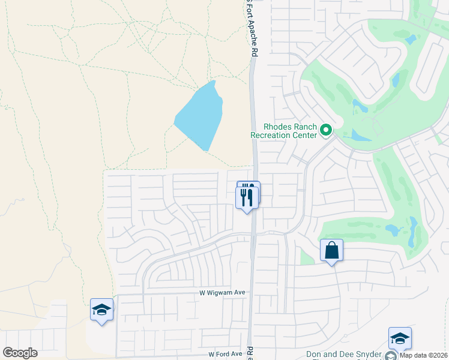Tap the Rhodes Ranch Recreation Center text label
[x=283, y=131]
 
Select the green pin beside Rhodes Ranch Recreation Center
[x=326, y=130]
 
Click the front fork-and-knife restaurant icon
[x=247, y=196]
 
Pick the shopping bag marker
[x=331, y=251]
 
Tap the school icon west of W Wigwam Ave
[x=101, y=310]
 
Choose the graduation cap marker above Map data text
[x=400, y=338]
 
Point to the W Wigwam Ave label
[x=223, y=293]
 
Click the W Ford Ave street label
[x=225, y=355]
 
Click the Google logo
[x=19, y=353]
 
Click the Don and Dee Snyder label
[x=343, y=355]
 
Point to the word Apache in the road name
[x=253, y=35]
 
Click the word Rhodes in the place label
[x=278, y=127]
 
